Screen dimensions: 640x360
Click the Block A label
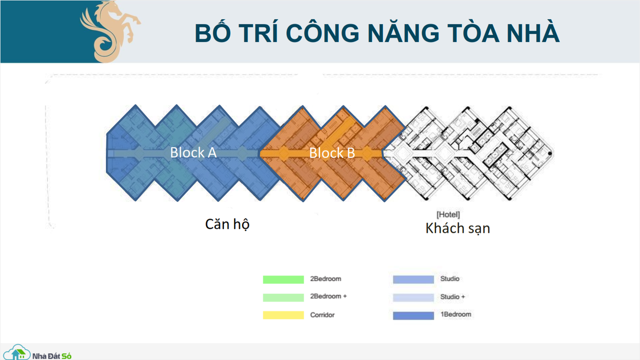click(193, 152)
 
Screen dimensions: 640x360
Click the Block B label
click(332, 153)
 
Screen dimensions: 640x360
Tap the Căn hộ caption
click(227, 224)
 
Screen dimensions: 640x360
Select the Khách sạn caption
click(458, 228)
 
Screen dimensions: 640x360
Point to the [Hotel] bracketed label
click(448, 215)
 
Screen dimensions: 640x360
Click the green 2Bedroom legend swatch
click(283, 279)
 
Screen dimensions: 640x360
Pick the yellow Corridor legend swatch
click(283, 315)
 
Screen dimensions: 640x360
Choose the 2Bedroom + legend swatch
click(283, 297)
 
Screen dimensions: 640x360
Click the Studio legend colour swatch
click(413, 279)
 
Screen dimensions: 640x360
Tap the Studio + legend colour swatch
click(413, 297)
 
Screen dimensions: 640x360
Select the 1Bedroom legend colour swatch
click(413, 315)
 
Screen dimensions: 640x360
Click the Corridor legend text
click(322, 315)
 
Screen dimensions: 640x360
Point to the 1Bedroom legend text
click(456, 314)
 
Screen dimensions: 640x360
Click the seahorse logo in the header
click(110, 31)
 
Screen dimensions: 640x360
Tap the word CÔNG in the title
click(322, 33)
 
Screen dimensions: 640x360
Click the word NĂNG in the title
click(403, 33)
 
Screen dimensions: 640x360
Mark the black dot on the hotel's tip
click(550, 154)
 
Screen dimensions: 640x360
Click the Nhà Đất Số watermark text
click(52, 356)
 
